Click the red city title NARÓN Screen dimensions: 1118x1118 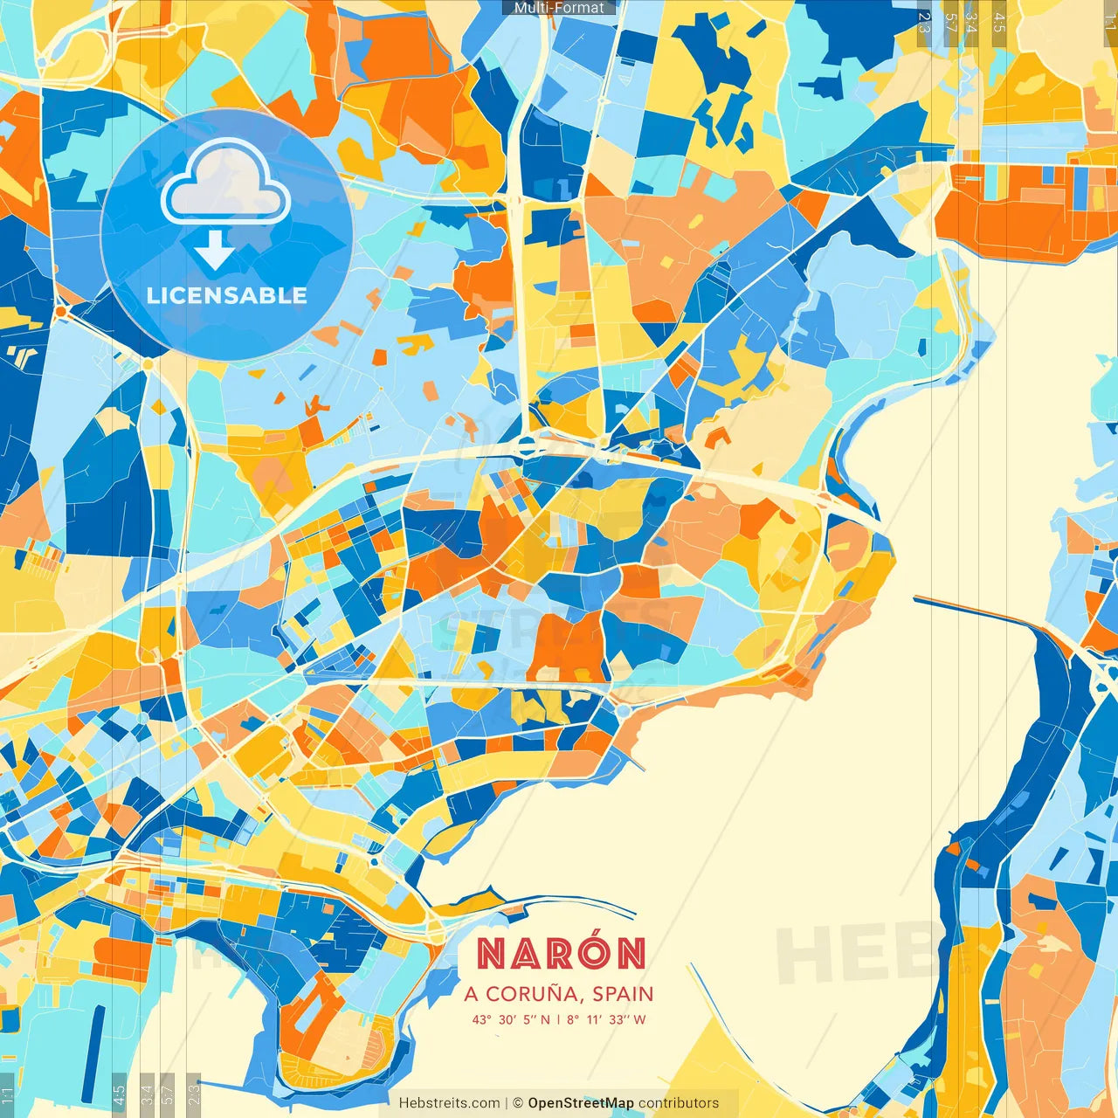[x=562, y=953]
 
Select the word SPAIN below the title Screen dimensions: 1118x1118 [x=623, y=994]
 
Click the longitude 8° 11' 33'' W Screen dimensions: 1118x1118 [x=606, y=1019]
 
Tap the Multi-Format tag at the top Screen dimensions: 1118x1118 [x=559, y=8]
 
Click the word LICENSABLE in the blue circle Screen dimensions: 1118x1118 [x=227, y=295]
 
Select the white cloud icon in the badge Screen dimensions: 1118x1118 [x=225, y=183]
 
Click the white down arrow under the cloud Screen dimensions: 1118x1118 [x=214, y=251]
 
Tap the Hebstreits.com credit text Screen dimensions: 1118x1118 [x=449, y=1103]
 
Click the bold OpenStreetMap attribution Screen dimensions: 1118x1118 [x=581, y=1103]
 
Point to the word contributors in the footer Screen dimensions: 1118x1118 [x=679, y=1103]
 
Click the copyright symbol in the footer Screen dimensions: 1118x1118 [x=518, y=1103]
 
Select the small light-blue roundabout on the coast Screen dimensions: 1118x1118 [x=624, y=712]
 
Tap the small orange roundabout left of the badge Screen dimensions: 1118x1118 [x=60, y=310]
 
